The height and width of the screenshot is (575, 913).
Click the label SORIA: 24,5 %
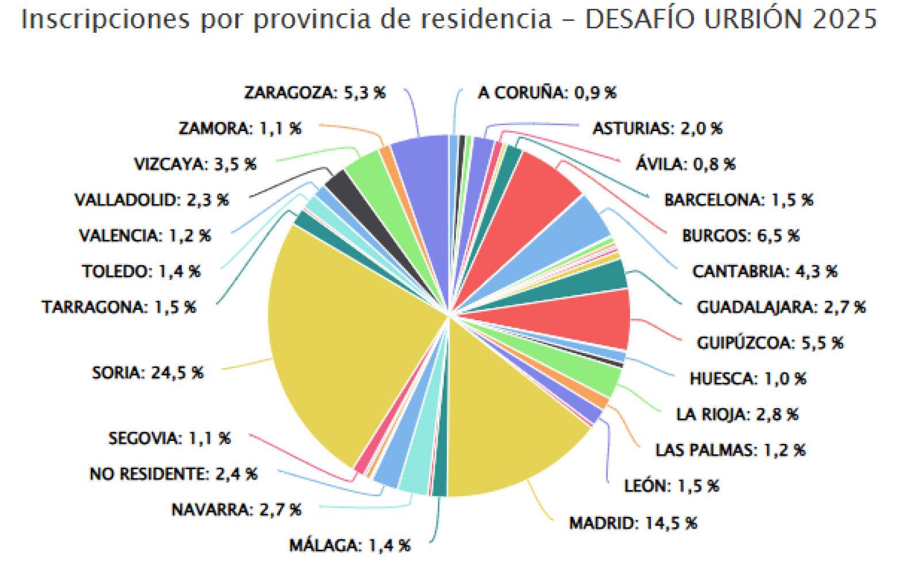click(148, 373)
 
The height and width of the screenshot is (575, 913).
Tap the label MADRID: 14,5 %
click(633, 523)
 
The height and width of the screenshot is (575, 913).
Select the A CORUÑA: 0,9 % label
click(547, 93)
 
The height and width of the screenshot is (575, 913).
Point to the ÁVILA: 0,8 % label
click(685, 164)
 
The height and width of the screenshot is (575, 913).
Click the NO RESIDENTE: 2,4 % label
click(174, 474)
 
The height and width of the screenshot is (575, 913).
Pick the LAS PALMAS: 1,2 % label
click(730, 450)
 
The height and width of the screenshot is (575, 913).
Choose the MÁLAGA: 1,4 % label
click(350, 545)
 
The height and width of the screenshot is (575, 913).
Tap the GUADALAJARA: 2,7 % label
click(781, 307)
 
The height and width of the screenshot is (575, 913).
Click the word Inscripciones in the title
click(105, 19)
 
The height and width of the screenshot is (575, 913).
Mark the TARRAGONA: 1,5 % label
click(119, 307)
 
